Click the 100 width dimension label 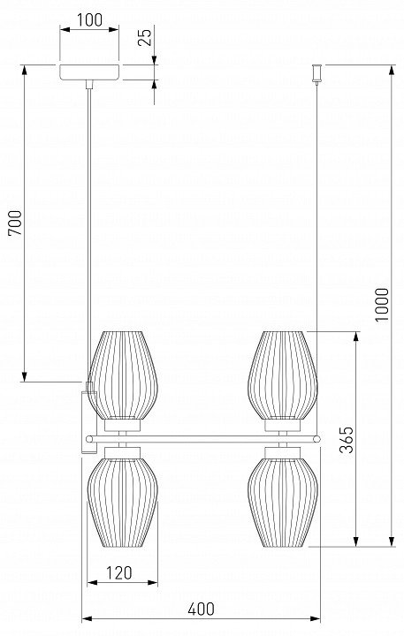[89, 19]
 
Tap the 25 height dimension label [145, 36]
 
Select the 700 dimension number [15, 223]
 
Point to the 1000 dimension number [382, 304]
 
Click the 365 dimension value [347, 439]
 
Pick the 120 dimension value [119, 572]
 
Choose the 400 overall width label [202, 609]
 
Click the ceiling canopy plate [89, 72]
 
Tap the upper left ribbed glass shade [123, 375]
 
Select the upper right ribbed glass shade [283, 375]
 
